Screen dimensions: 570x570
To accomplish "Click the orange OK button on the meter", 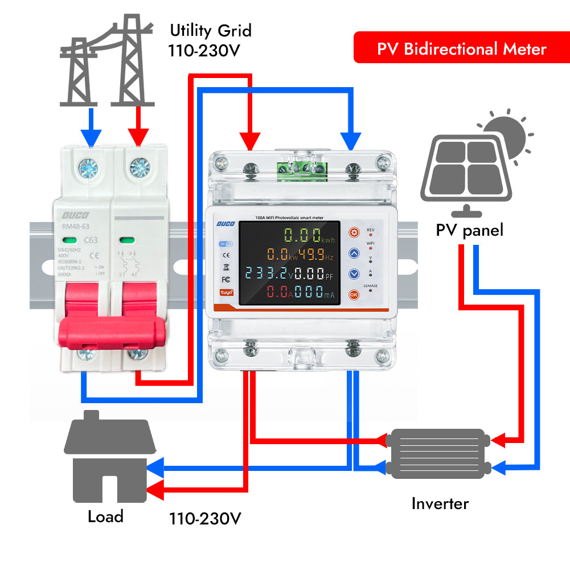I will click(354, 294).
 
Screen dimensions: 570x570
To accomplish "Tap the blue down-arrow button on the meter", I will click(354, 274).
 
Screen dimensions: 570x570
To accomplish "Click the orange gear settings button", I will click(354, 232).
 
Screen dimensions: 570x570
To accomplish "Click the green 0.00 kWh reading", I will click(302, 235).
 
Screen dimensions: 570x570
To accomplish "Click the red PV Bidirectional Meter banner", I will click(461, 48).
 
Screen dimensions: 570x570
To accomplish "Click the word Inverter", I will click(440, 503).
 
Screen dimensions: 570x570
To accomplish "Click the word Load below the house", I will click(105, 516).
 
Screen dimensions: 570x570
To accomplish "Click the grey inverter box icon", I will click(438, 453).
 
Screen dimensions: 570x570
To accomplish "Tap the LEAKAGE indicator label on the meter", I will click(371, 285).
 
